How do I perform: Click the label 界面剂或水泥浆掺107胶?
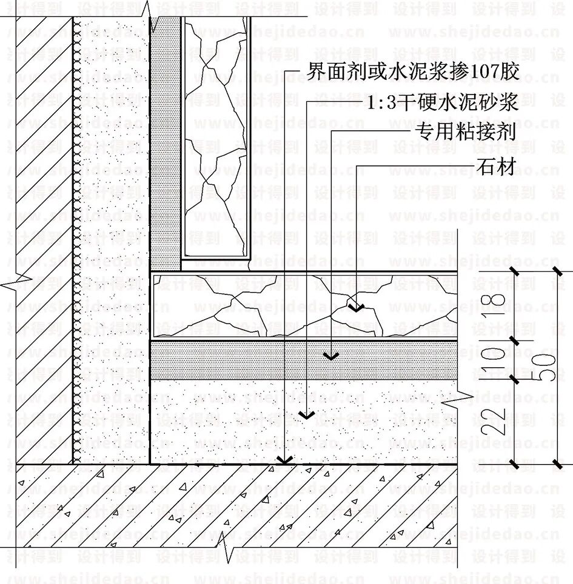point(413,72)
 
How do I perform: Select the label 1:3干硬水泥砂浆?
point(442,103)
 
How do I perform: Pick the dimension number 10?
point(495,360)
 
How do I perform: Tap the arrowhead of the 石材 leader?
point(356,307)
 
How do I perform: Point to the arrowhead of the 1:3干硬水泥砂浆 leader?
point(307,415)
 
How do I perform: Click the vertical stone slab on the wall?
point(215,133)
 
